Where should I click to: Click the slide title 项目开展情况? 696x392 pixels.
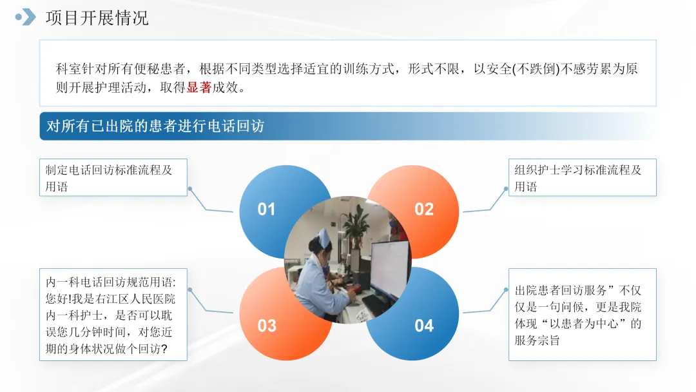97,18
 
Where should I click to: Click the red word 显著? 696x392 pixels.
199,88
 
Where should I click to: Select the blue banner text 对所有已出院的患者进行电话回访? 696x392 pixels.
155,126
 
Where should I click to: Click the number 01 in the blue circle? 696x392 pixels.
266,209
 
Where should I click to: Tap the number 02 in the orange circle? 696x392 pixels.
424,209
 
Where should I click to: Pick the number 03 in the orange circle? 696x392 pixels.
267,326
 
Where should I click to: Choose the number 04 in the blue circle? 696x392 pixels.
424,326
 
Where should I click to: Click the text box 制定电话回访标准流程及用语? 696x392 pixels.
113,177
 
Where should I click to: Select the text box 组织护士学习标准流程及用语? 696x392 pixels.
583,177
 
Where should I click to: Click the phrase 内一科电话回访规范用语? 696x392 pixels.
109,282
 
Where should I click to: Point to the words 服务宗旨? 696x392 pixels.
537,340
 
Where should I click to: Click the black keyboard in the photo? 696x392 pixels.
376,306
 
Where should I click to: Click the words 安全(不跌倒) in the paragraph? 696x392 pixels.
524,69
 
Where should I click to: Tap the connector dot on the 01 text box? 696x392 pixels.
190,189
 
